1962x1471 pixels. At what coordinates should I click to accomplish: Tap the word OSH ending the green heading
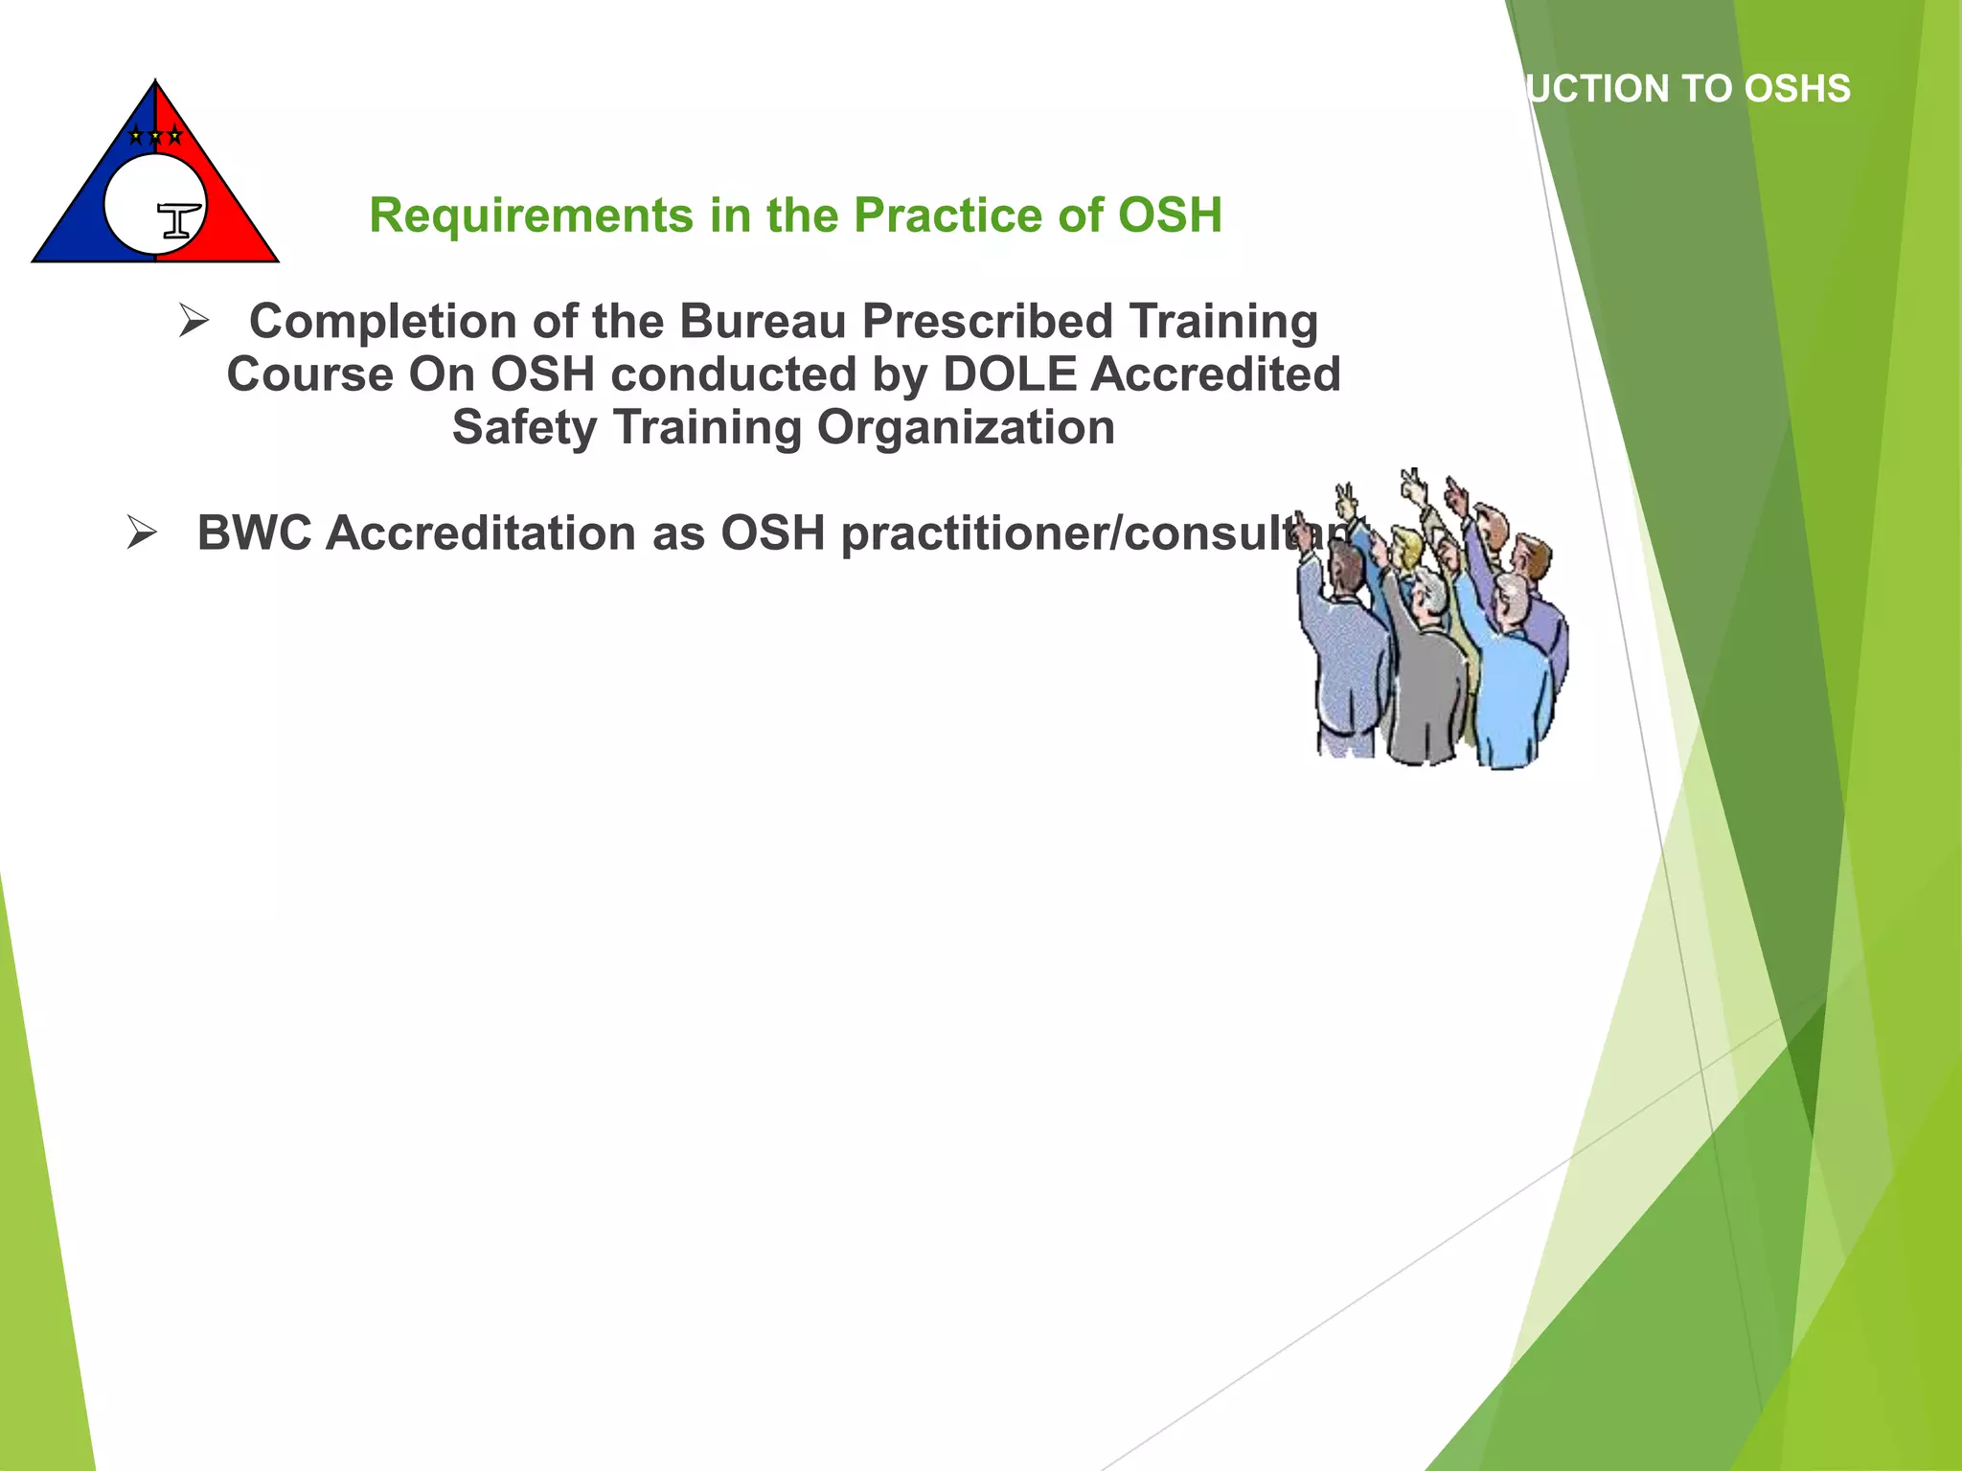1170,215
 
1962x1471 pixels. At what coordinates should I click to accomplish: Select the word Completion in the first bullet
381,322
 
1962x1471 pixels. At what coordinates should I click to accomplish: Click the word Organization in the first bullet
966,427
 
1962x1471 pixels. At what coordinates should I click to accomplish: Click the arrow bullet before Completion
194,322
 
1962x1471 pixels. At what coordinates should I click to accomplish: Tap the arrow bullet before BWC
141,533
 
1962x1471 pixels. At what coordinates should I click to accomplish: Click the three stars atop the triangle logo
155,136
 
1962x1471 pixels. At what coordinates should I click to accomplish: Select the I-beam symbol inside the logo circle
178,220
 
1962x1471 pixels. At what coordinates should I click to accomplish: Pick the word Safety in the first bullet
523,427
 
